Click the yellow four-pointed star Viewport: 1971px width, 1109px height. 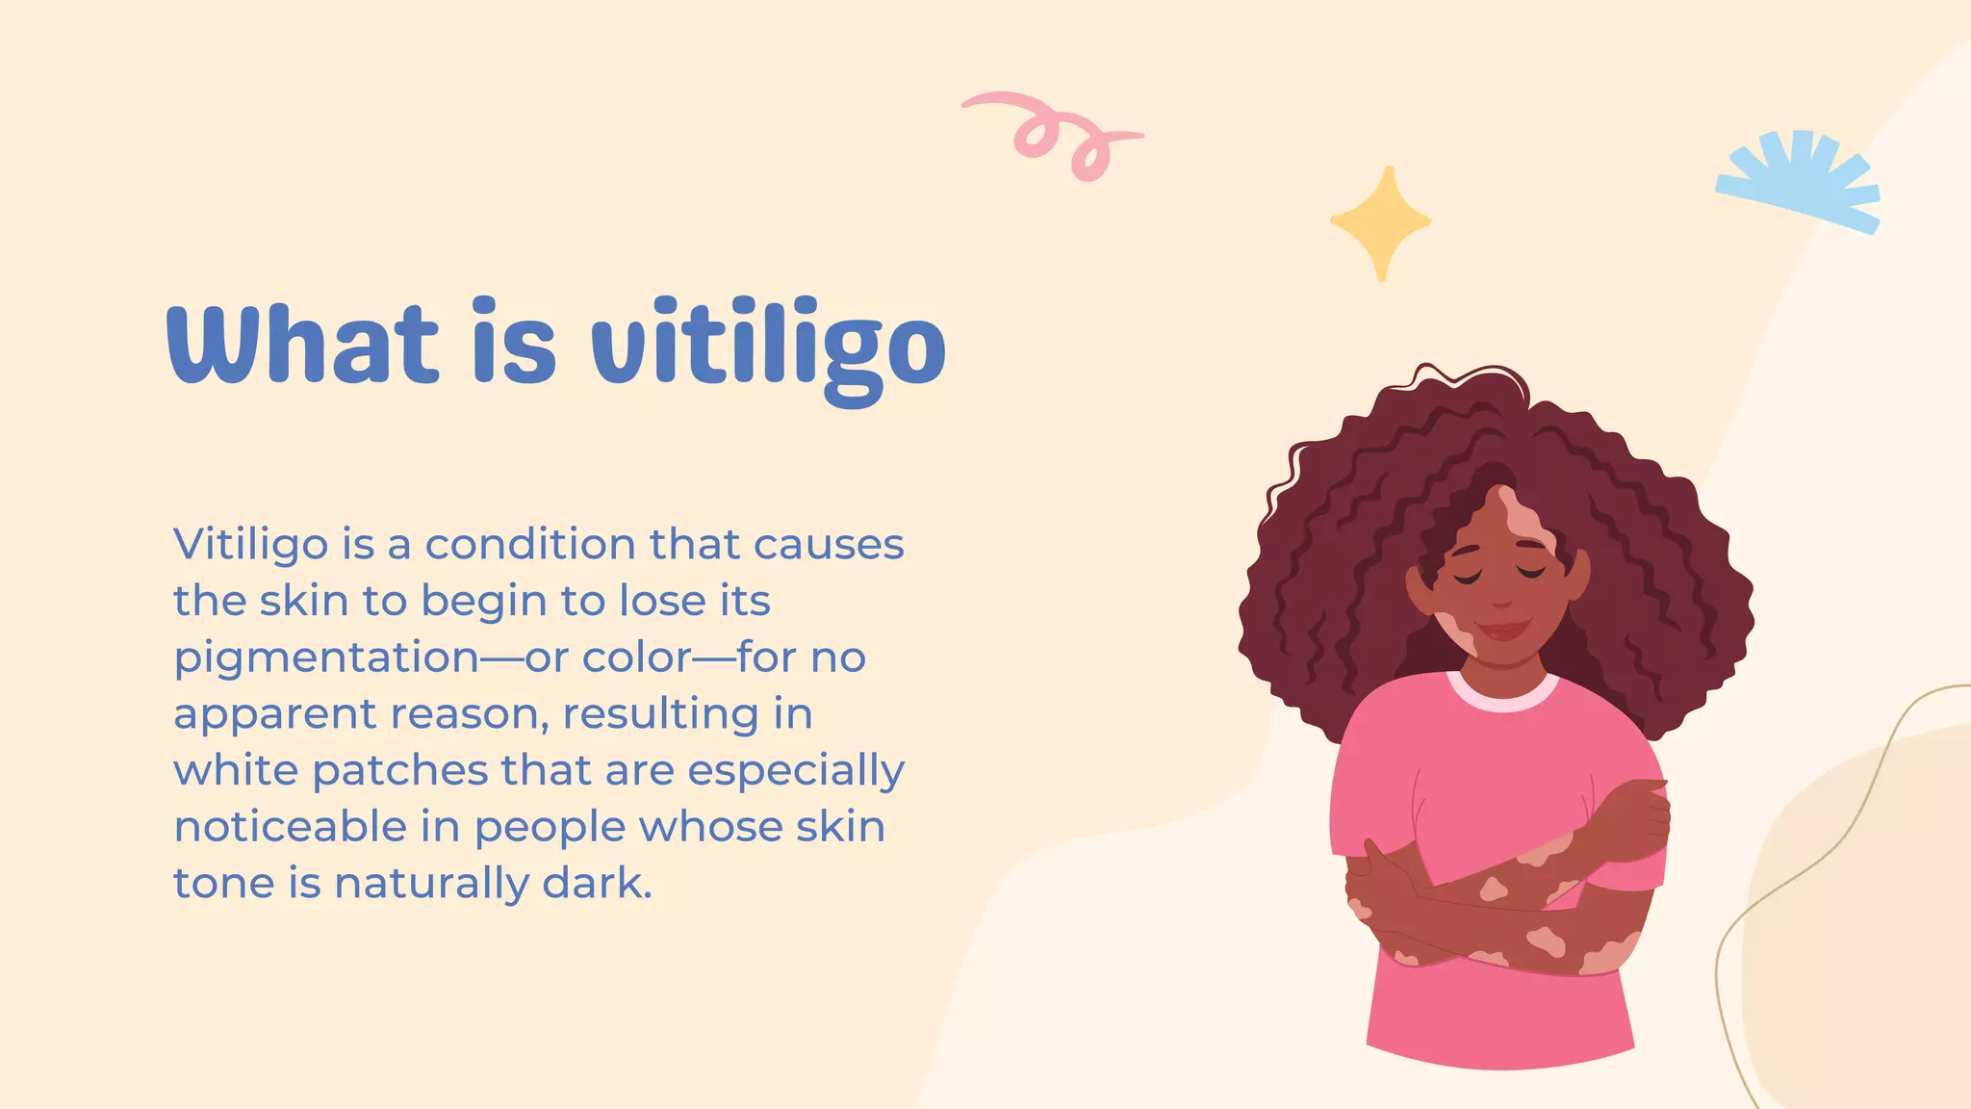pyautogui.click(x=1381, y=221)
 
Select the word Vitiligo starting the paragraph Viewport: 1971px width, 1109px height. pyautogui.click(x=251, y=546)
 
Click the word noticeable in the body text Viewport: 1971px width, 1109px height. pyautogui.click(x=289, y=826)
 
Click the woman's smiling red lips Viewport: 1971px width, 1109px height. pyautogui.click(x=1502, y=632)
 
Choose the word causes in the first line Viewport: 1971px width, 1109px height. pyautogui.click(x=829, y=546)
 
